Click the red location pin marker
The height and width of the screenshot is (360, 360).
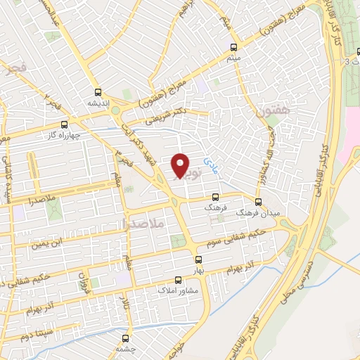point(181,165)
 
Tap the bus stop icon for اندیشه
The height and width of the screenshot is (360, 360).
point(98,91)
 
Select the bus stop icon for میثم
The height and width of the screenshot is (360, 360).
point(234,48)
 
